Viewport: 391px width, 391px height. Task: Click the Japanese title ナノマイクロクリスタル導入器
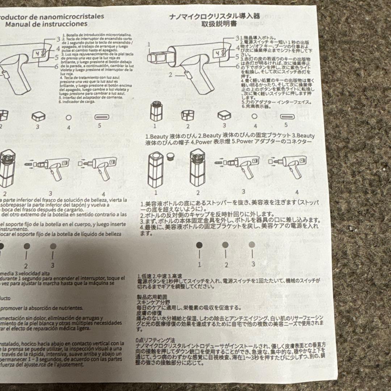(219, 17)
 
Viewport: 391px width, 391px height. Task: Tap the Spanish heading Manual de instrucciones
(46, 24)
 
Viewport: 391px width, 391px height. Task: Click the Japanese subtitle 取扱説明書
(219, 25)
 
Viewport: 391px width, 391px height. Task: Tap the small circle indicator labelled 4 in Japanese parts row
(254, 117)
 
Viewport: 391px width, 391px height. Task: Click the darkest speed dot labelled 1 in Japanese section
(199, 245)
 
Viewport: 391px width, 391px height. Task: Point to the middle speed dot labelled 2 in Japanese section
(226, 245)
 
